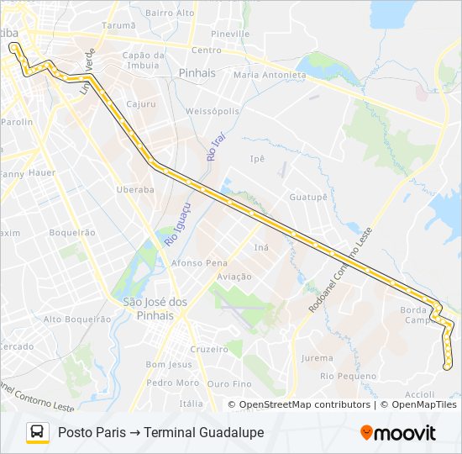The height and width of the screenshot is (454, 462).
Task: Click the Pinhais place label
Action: click(x=197, y=73)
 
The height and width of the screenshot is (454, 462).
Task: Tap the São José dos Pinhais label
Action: click(x=154, y=309)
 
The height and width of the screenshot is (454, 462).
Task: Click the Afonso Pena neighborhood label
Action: click(x=199, y=262)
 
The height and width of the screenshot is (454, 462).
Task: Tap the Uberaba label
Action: click(x=135, y=190)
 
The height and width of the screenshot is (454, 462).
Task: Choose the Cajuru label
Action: click(x=141, y=104)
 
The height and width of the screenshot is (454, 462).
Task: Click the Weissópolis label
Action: click(x=213, y=111)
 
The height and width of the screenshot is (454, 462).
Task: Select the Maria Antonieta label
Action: click(x=270, y=75)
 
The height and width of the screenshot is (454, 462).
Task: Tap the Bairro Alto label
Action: click(x=170, y=13)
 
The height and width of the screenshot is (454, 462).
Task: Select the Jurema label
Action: click(x=317, y=358)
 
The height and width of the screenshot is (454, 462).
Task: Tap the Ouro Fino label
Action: click(x=228, y=383)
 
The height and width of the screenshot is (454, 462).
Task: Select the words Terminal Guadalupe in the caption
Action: click(x=204, y=432)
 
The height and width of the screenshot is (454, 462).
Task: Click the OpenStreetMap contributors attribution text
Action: click(x=305, y=404)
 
